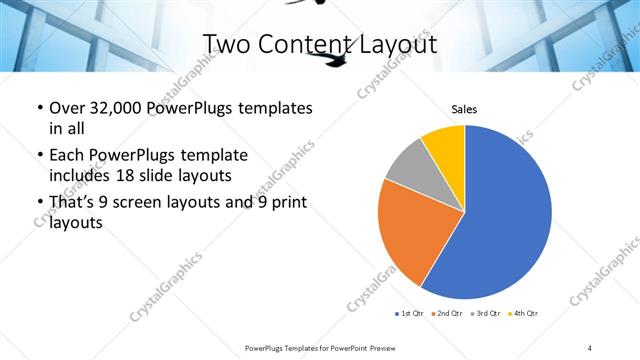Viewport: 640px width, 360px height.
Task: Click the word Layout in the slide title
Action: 398,43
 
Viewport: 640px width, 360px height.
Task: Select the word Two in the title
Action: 226,43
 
